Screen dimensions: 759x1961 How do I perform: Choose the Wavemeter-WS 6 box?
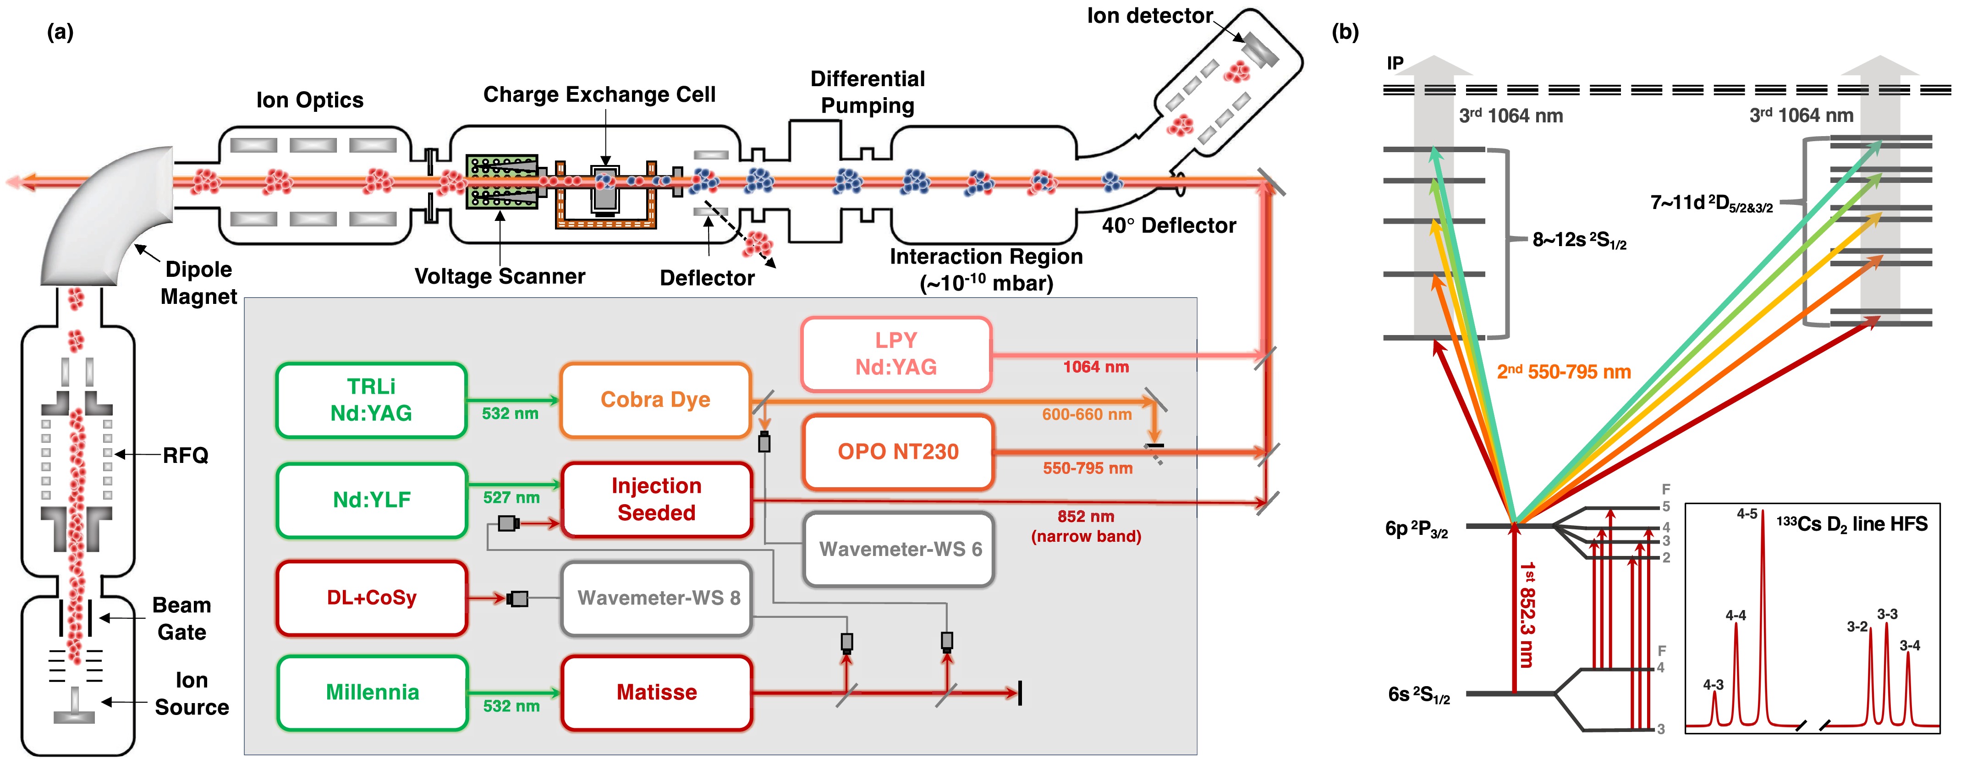900,549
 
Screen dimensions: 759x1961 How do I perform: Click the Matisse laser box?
657,693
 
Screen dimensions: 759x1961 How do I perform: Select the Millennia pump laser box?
372,693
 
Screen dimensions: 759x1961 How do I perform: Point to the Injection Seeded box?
657,500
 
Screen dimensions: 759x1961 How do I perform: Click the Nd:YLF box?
372,500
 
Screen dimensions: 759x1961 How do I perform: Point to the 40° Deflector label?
1169,226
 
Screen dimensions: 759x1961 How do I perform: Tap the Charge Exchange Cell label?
599,94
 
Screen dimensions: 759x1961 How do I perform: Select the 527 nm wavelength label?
511,498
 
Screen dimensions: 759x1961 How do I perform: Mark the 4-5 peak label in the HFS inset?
1747,515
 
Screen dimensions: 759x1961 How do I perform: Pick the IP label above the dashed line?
1395,63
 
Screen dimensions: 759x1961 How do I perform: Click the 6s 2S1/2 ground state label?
1419,695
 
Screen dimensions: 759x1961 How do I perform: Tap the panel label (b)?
1345,32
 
